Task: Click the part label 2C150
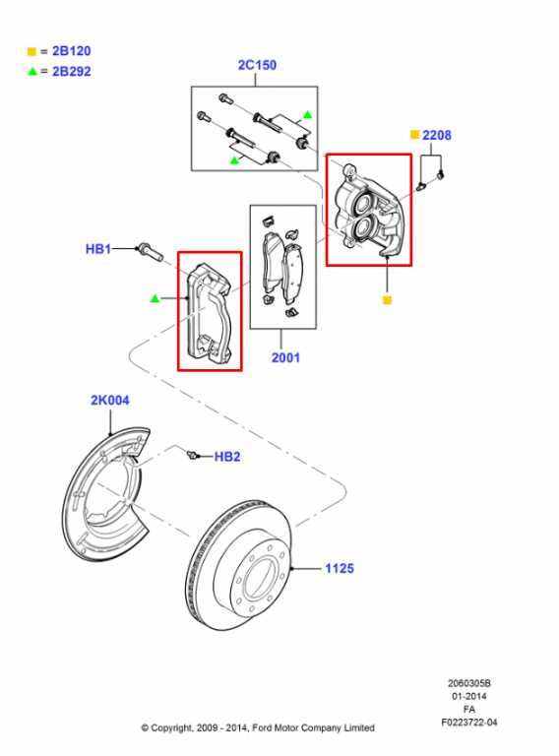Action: (x=257, y=66)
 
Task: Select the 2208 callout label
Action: (x=436, y=135)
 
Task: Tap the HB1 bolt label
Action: (x=97, y=250)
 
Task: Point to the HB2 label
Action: (x=227, y=457)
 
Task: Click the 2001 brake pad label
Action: (x=285, y=358)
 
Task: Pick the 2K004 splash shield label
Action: (x=110, y=401)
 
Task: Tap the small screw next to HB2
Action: (x=193, y=455)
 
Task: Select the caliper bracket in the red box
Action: (x=210, y=310)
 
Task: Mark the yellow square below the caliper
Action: (x=387, y=299)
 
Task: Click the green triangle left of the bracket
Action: (x=155, y=297)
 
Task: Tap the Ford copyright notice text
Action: (x=257, y=728)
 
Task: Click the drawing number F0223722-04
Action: (x=468, y=723)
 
